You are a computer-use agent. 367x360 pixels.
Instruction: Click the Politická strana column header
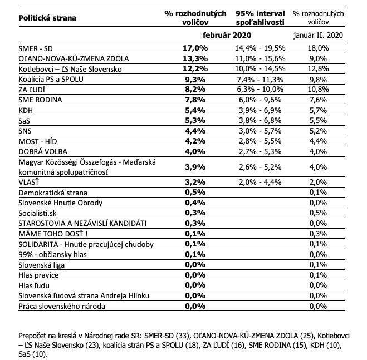tap(47, 17)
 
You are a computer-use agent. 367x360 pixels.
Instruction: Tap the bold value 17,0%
tap(195, 49)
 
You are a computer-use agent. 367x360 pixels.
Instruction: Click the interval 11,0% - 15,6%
tap(260, 59)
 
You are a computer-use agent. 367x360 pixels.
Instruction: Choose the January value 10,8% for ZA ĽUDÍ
tap(319, 89)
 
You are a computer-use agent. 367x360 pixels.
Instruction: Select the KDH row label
tap(26, 110)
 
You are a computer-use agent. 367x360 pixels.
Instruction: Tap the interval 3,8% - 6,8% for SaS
tap(260, 121)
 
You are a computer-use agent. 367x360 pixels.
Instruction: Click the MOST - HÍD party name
tap(40, 141)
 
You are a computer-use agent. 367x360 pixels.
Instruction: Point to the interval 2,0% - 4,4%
tap(260, 182)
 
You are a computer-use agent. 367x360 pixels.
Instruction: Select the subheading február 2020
tap(227, 36)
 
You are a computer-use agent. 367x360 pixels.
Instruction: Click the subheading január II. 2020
tap(318, 36)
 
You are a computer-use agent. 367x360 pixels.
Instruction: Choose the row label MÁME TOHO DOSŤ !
tap(53, 233)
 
